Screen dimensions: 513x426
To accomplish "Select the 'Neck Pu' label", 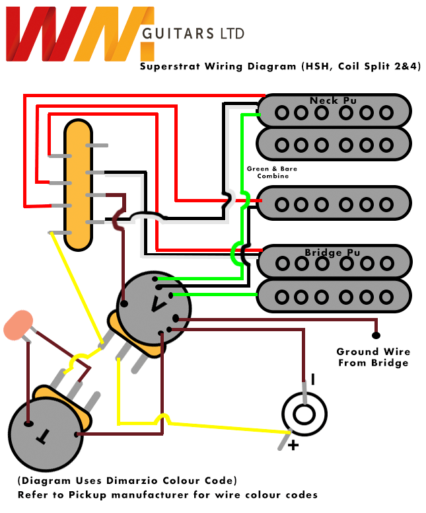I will coord(334,100).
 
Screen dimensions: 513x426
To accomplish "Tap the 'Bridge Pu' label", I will coord(333,253).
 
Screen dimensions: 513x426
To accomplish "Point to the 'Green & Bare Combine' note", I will coord(272,173).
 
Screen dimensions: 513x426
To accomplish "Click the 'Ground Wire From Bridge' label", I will coord(373,357).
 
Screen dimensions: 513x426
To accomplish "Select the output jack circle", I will coord(304,414).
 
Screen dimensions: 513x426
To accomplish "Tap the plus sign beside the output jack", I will coord(293,445).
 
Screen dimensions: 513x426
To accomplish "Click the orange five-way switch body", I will coord(78,184).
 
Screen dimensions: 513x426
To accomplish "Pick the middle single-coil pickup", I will coord(334,204).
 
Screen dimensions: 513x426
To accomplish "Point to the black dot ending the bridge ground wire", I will coord(376,335).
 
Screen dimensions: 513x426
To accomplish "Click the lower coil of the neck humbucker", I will coord(334,143).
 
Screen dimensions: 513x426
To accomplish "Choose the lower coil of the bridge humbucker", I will coord(334,295).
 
